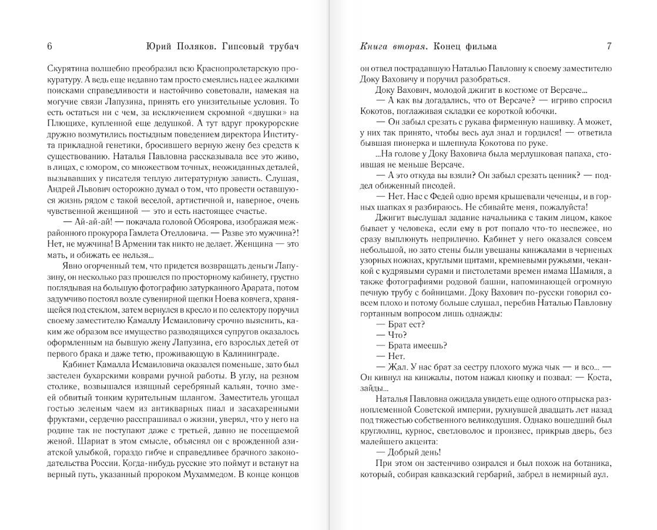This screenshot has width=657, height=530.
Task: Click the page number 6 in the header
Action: [49, 46]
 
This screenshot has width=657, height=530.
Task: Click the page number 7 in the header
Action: [609, 46]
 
